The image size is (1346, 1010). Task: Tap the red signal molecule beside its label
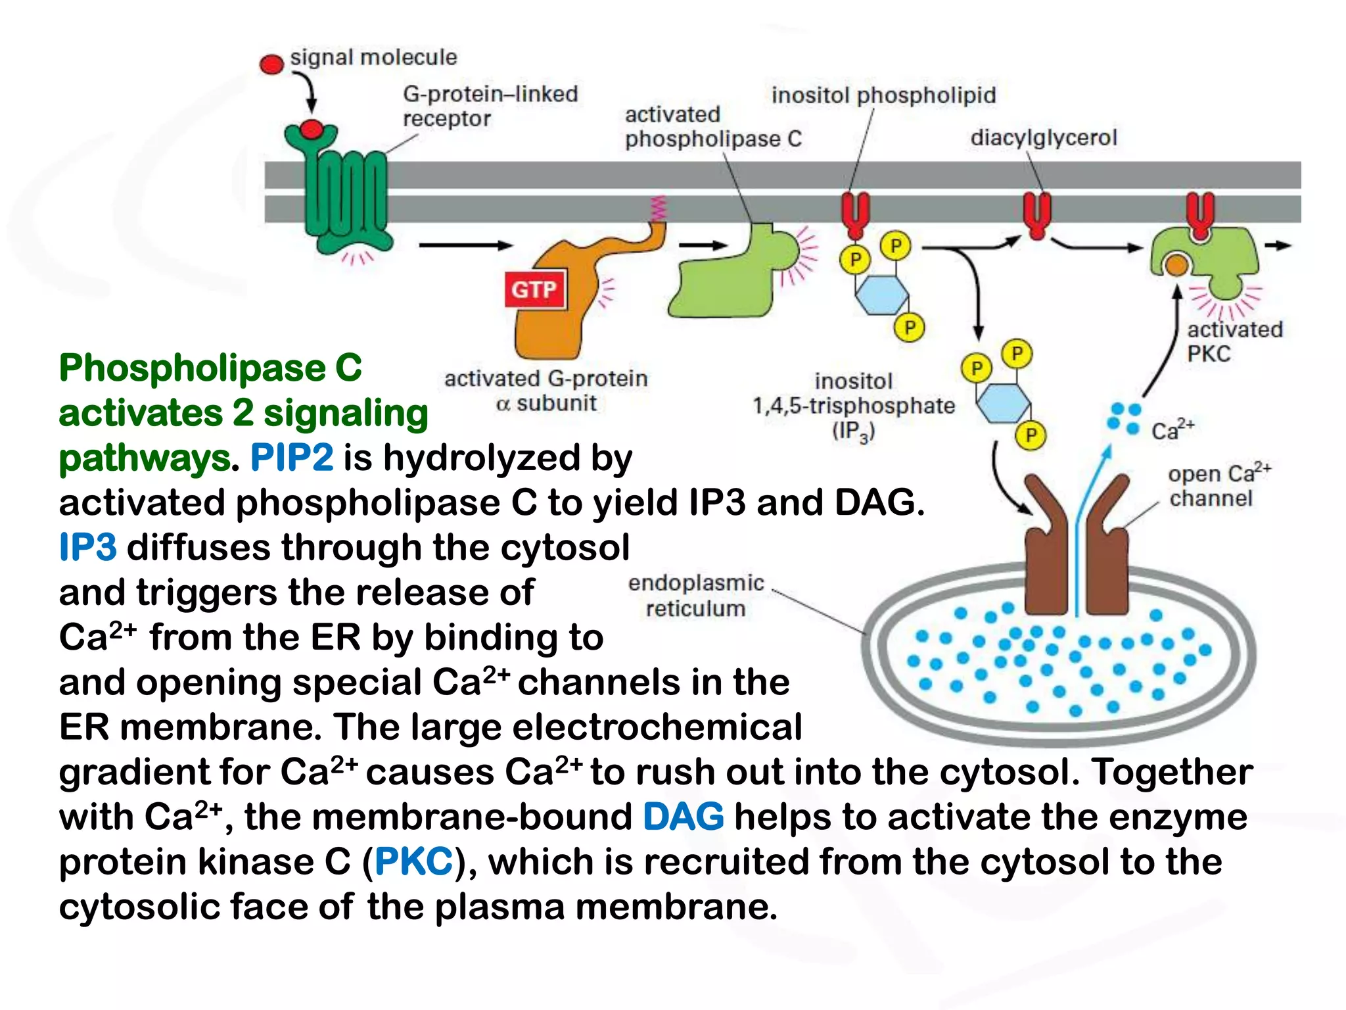coord(271,64)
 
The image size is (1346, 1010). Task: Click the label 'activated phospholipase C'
coord(712,126)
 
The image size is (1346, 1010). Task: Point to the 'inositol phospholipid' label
coord(883,95)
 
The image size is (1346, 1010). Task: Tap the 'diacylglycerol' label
coord(1043,137)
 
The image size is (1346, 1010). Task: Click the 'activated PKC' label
coord(1234,341)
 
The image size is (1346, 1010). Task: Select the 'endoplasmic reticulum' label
coord(695,596)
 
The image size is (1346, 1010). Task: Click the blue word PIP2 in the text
coord(291,458)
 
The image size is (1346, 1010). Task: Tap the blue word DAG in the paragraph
coord(683,817)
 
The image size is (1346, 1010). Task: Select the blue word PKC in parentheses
coord(413,862)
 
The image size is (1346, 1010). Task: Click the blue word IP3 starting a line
coord(88,548)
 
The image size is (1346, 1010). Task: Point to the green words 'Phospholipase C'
coord(210,368)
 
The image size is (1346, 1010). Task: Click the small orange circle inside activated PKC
coord(1176,265)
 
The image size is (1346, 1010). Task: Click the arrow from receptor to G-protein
coord(465,245)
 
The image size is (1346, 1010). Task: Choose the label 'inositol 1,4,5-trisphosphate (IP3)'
coord(853,406)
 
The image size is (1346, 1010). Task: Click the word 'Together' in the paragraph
coord(1171,772)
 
